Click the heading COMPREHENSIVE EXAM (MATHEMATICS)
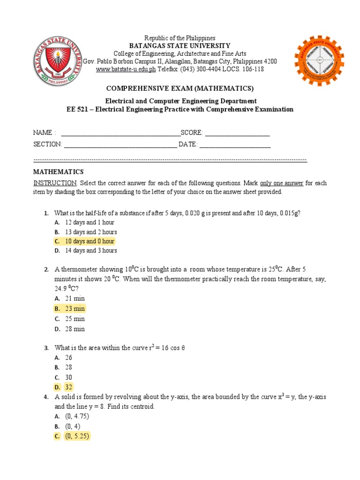coord(180,89)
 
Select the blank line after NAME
coord(120,134)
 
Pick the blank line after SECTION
coord(120,144)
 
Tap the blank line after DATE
coord(235,144)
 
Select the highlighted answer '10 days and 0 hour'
coord(90,241)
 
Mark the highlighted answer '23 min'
coord(75,308)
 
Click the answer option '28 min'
coord(75,329)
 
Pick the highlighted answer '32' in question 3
coord(69,387)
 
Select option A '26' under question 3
coord(69,358)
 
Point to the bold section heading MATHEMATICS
coord(58,172)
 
